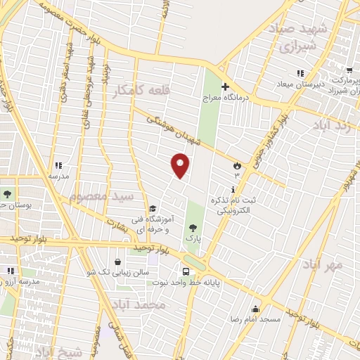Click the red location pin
point(181,165)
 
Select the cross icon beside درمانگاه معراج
point(225,87)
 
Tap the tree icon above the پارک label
point(193,226)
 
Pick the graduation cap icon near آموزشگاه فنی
point(152,209)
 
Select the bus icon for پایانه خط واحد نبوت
point(186,271)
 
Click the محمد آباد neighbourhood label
point(138,304)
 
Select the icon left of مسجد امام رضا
point(255,309)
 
